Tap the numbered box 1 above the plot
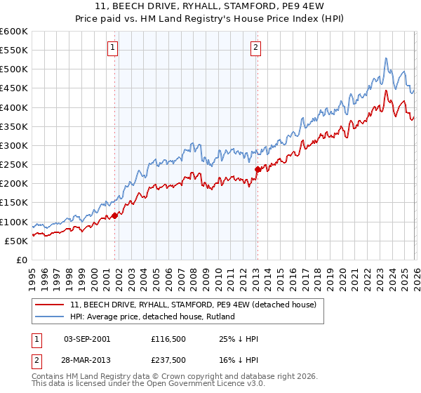(112, 48)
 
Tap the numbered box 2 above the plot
(255, 48)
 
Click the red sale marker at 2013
(258, 169)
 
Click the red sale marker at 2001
(115, 215)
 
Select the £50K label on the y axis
(16, 241)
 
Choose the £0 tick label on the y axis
(22, 260)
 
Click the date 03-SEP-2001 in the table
(86, 339)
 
